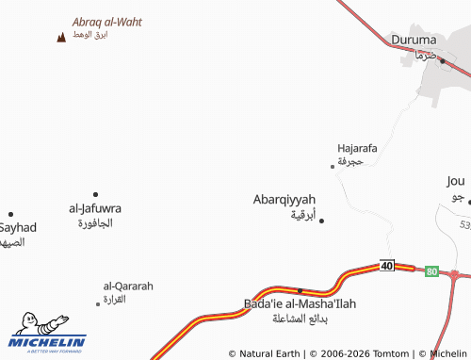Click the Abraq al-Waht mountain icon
coord(61,37)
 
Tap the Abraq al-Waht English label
coord(106,22)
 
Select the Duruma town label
coord(414,40)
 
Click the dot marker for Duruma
coord(441,60)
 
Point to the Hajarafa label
coord(357,148)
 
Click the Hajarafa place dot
coord(332,166)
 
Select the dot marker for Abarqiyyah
coord(321,221)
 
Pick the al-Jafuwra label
coord(95,208)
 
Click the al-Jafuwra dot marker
coord(95,194)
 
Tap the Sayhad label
coord(17,228)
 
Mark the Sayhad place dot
coord(10,214)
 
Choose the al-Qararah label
coord(127,286)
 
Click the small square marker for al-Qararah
coord(97,303)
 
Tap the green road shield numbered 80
coord(431,271)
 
